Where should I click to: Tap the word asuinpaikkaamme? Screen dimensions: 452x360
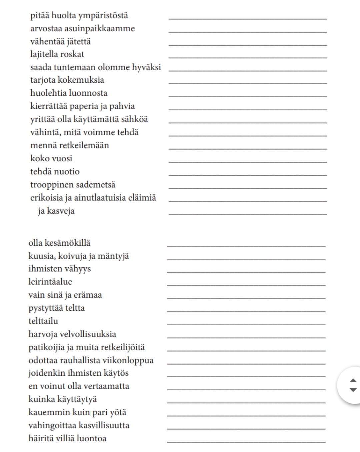click(x=99, y=29)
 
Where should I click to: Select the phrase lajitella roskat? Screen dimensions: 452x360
click(x=57, y=54)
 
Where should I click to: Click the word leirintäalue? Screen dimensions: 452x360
click(x=50, y=282)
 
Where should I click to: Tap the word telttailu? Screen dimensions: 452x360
click(x=43, y=321)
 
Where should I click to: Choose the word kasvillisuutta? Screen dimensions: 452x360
click(x=104, y=425)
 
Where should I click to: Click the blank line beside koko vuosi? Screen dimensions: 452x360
click(x=248, y=162)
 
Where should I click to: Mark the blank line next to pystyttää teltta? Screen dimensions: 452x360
click(x=246, y=311)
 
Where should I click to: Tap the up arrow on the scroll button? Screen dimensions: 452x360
click(x=353, y=381)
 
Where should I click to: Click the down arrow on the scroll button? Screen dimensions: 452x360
click(x=353, y=390)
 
